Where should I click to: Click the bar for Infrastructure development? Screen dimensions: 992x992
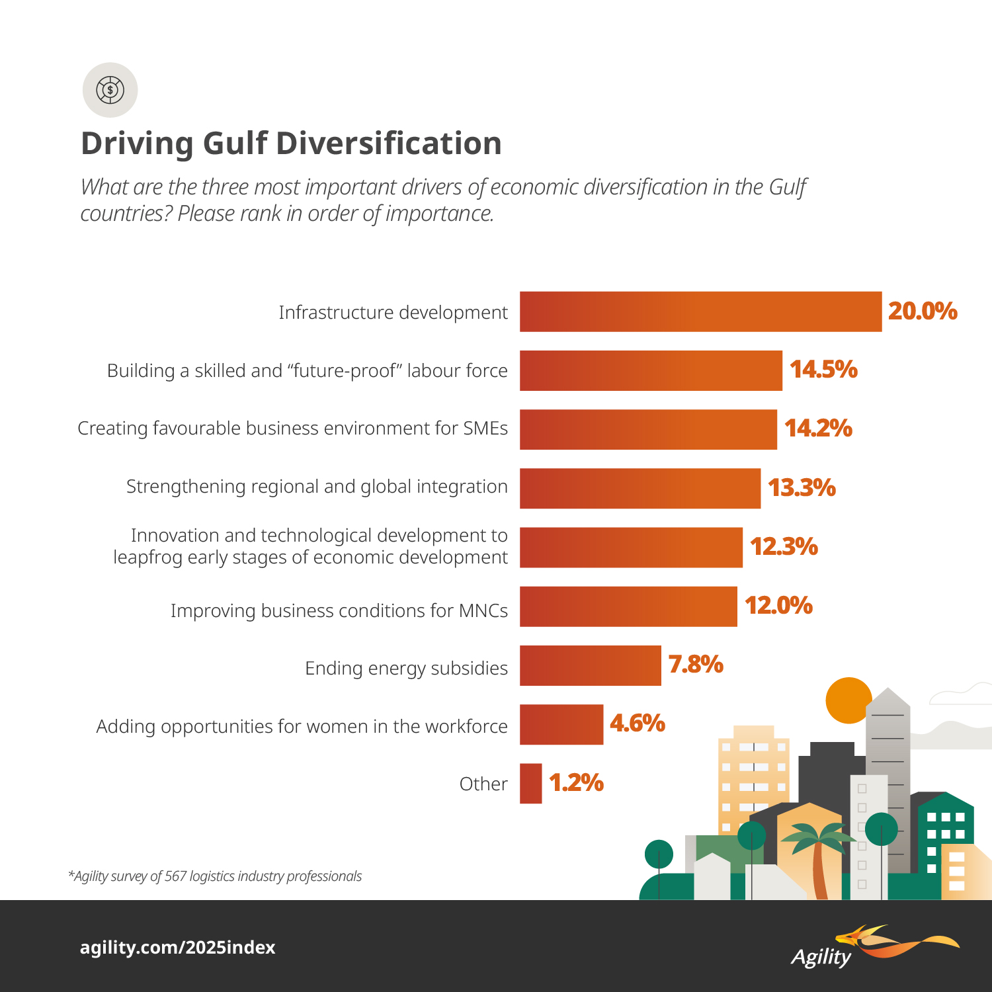pyautogui.click(x=700, y=311)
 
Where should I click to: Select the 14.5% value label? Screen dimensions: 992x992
pyautogui.click(x=823, y=370)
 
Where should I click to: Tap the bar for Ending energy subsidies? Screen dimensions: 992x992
pyautogui.click(x=590, y=665)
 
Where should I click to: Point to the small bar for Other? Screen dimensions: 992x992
pyautogui.click(x=530, y=784)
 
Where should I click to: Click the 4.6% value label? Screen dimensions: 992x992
pyautogui.click(x=637, y=723)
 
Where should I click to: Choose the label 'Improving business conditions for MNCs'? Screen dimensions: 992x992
pyautogui.click(x=339, y=610)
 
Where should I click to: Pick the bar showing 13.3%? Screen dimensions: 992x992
pyautogui.click(x=640, y=488)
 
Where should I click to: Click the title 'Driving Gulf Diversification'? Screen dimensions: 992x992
pyautogui.click(x=291, y=144)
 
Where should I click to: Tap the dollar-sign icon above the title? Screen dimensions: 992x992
pyautogui.click(x=110, y=90)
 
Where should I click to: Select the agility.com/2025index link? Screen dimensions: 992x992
pyautogui.click(x=177, y=948)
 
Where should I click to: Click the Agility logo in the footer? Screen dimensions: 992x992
pyautogui.click(x=873, y=948)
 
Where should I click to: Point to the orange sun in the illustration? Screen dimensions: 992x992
pyautogui.click(x=848, y=700)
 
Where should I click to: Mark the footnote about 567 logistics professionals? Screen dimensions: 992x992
pyautogui.click(x=215, y=876)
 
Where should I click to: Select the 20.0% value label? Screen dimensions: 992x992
pyautogui.click(x=923, y=311)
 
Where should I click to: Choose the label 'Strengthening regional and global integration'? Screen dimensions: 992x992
pyautogui.click(x=317, y=487)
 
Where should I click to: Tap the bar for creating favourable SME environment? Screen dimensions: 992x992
pyautogui.click(x=648, y=429)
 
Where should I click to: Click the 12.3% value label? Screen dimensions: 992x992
pyautogui.click(x=784, y=547)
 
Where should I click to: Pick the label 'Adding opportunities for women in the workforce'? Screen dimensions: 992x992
pyautogui.click(x=302, y=727)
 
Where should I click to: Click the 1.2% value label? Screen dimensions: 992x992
pyautogui.click(x=576, y=783)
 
